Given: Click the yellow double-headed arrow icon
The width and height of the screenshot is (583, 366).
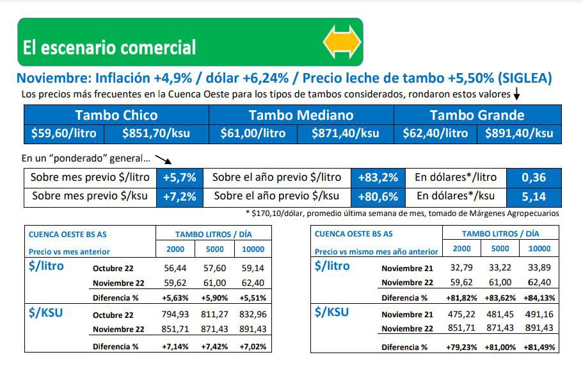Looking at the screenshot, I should click(x=342, y=42).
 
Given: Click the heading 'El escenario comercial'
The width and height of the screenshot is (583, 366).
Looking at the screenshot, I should click(x=109, y=47).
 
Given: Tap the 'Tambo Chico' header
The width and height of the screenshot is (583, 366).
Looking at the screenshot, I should click(x=116, y=115).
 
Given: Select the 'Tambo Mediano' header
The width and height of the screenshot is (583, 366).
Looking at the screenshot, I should click(x=301, y=115).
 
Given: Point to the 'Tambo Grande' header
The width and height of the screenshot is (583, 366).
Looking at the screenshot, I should click(x=477, y=115).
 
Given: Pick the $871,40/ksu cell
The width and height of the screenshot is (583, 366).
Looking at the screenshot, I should click(x=345, y=133).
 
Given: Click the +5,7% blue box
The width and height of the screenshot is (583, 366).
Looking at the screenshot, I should click(x=179, y=178).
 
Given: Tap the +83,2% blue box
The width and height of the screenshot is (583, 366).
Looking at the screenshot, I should click(x=378, y=178).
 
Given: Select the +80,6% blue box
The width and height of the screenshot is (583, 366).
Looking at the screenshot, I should click(x=378, y=196).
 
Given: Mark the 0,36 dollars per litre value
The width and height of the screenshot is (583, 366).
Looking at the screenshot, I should click(x=533, y=178).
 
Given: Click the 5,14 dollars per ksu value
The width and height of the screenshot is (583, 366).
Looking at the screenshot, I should click(x=533, y=196).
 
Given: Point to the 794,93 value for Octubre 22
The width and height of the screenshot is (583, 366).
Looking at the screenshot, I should click(x=175, y=315).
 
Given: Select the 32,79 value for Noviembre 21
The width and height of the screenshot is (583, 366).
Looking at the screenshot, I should click(x=461, y=267).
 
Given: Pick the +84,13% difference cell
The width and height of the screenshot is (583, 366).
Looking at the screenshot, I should click(x=539, y=298).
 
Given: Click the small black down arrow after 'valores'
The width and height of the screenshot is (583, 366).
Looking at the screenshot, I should click(x=516, y=95).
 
